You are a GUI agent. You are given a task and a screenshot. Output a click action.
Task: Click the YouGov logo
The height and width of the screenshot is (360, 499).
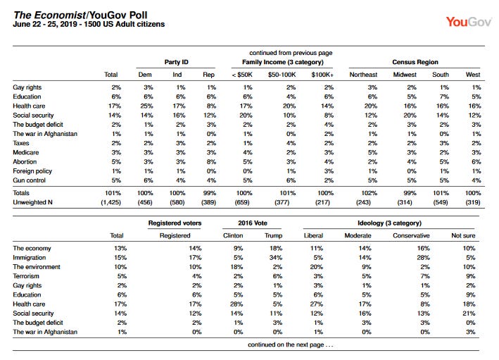point(469,22)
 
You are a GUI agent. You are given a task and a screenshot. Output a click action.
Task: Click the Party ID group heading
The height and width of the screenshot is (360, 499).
point(177,62)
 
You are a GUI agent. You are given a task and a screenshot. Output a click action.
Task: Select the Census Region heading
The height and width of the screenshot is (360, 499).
point(415,62)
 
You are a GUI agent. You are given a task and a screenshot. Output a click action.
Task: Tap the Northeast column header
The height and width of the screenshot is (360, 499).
point(363,75)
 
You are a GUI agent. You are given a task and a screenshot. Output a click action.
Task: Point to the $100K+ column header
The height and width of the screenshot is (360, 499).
point(322,75)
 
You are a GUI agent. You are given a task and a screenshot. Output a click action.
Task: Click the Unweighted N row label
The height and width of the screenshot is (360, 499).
point(32,202)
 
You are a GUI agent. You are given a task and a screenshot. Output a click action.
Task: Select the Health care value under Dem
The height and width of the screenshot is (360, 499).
point(146,106)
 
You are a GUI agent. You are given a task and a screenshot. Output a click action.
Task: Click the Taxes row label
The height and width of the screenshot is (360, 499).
point(21,143)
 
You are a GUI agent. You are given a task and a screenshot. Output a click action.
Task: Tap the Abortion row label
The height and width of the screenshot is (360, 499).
point(25,161)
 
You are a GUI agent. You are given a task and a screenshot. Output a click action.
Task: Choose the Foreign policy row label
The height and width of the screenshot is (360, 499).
point(32,171)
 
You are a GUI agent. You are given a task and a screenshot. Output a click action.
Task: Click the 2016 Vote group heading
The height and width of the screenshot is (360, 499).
point(253,223)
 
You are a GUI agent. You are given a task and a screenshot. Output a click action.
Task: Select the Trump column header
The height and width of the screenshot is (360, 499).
point(273,236)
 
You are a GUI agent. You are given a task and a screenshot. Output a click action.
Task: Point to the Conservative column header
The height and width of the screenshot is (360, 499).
point(411,236)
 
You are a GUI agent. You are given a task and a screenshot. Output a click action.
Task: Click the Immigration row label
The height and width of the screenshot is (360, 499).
point(30,257)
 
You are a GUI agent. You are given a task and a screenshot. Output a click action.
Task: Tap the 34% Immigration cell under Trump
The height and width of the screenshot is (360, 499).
point(276,257)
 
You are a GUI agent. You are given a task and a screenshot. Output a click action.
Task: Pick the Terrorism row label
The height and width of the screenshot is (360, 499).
point(26,276)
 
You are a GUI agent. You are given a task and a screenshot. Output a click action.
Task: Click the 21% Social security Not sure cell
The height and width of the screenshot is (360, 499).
point(469,314)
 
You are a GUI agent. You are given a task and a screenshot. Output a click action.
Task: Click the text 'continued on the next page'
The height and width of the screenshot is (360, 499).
point(286,345)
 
